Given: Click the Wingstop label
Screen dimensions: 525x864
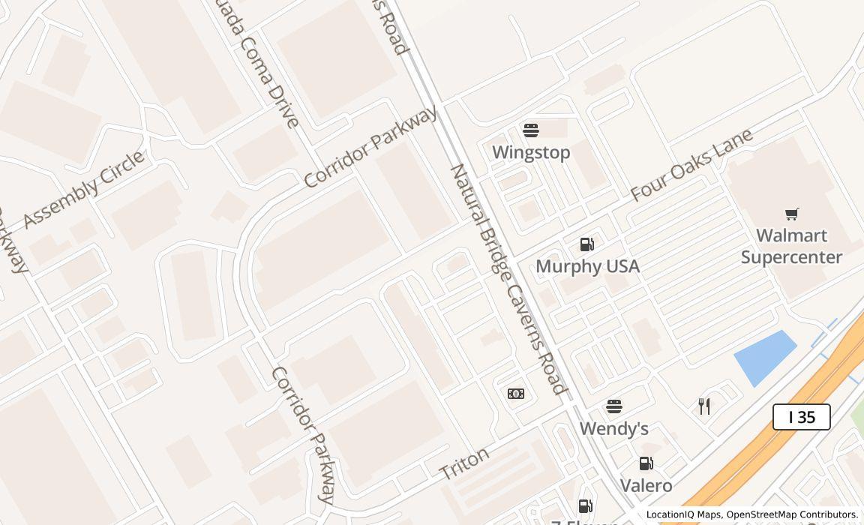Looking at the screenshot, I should click(531, 152).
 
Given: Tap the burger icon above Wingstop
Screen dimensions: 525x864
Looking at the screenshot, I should click(531, 130).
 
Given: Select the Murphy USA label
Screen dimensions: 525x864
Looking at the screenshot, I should click(587, 266).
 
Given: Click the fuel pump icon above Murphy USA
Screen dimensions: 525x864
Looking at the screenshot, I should click(587, 244).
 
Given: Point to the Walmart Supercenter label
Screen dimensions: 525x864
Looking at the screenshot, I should click(791, 246).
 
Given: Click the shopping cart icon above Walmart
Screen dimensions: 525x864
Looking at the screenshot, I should click(791, 214).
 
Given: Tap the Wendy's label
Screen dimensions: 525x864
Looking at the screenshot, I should click(613, 429).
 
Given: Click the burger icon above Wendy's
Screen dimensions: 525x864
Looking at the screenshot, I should click(614, 406).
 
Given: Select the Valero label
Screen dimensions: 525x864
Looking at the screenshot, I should click(646, 485).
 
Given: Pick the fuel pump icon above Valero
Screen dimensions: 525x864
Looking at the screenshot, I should click(646, 463).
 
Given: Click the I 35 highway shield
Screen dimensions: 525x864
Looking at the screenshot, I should click(801, 417).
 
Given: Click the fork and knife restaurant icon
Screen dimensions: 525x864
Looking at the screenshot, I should click(704, 406).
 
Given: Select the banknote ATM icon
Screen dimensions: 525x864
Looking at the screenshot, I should click(516, 394).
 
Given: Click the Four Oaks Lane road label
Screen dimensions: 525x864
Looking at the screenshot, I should click(691, 165).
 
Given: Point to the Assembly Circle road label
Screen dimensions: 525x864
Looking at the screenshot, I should click(83, 189).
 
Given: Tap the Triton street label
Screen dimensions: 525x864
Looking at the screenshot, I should click(464, 463).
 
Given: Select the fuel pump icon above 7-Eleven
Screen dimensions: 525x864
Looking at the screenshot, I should click(585, 506).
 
